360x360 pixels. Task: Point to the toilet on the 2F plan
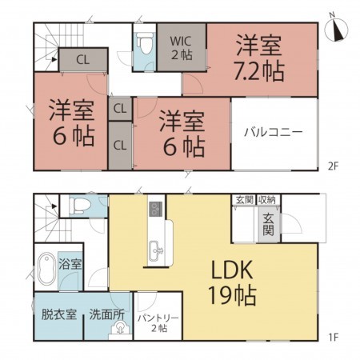[x=145, y=42]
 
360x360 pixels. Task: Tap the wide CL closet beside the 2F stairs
[x=82, y=59]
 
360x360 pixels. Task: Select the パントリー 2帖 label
[x=158, y=322]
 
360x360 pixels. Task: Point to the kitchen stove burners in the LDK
[x=154, y=211]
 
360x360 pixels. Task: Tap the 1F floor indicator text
[x=332, y=336]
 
